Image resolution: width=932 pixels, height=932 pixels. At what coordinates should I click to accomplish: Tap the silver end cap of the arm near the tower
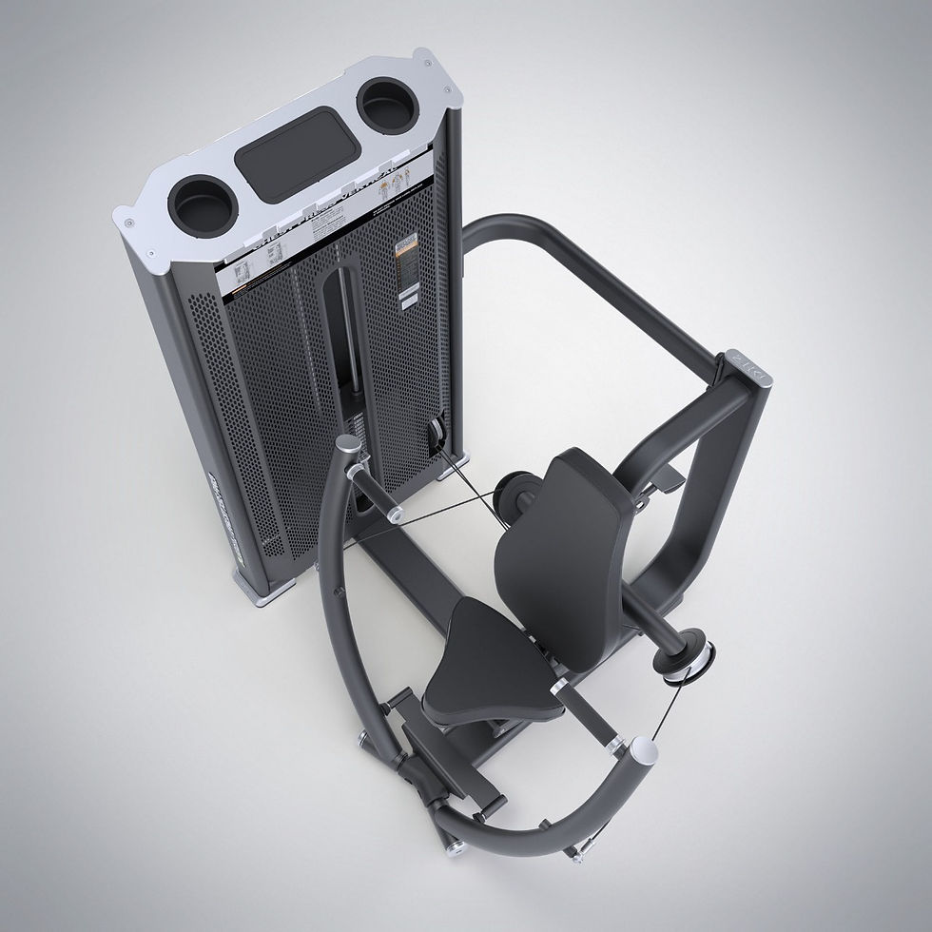352,445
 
